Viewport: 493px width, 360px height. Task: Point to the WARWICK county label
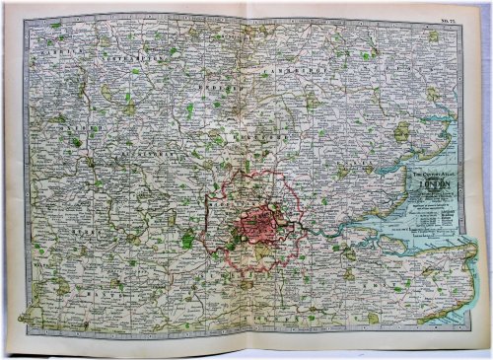(x=54, y=44)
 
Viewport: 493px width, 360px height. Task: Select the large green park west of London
(x=187, y=238)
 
